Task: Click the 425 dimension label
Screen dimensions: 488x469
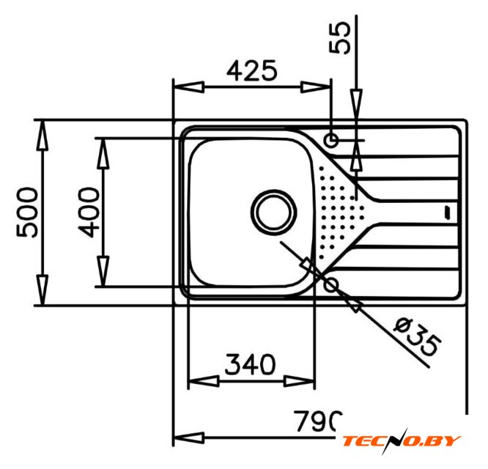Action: pos(251,70)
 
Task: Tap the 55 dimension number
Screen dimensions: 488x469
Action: pos(339,37)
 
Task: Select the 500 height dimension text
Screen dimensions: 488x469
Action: pos(27,213)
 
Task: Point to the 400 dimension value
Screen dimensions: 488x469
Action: pos(89,213)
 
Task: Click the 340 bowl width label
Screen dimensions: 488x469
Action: pos(250,364)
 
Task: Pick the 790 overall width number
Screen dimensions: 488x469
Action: pos(318,421)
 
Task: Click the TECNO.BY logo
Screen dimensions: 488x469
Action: pos(402,441)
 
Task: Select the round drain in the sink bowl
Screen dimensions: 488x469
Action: pos(273,213)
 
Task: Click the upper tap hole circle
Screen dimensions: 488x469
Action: pos(331,140)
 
